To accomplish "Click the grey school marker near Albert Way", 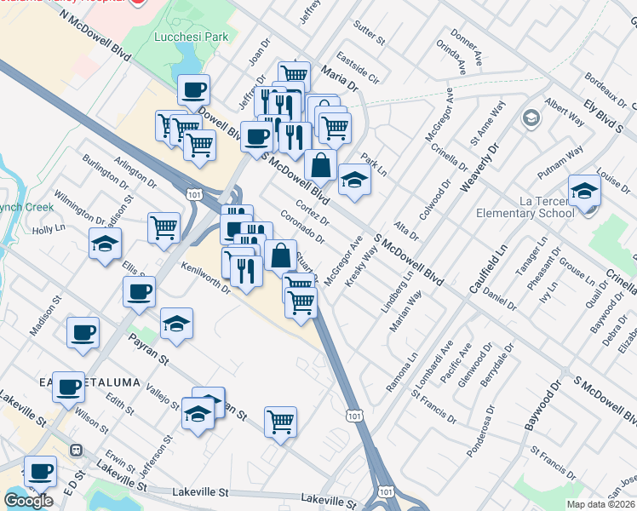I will [x=532, y=118].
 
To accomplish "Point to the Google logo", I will [x=28, y=500].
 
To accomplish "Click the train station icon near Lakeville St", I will [x=76, y=449].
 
